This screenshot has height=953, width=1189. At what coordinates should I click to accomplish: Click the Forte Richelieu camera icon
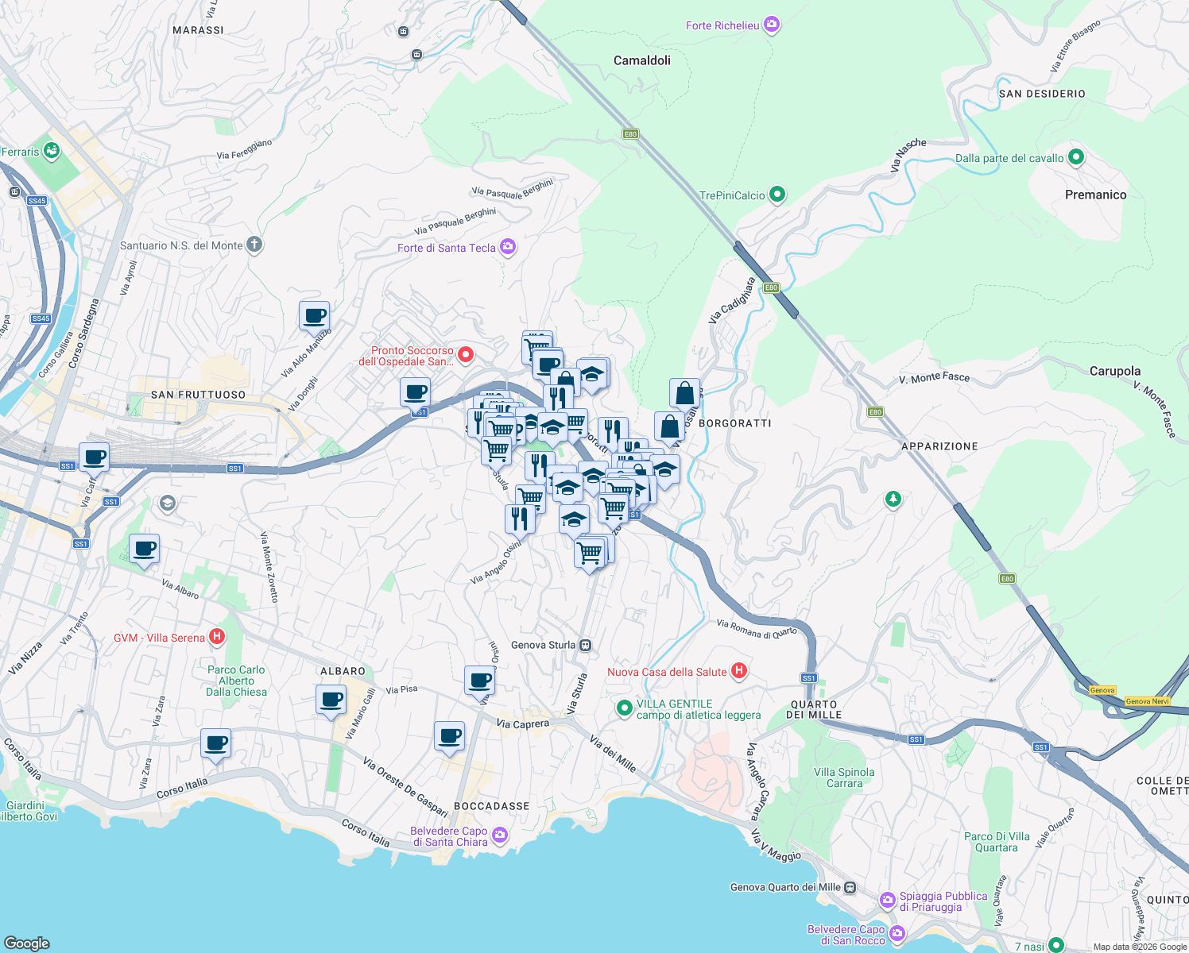(x=772, y=25)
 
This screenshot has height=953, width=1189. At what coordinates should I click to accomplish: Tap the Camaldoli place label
(x=641, y=60)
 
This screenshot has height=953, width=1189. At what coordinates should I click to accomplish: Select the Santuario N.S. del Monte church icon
(x=254, y=245)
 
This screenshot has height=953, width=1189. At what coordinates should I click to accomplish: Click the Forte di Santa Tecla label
(x=446, y=248)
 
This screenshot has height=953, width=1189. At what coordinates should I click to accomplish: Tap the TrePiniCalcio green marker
(x=777, y=195)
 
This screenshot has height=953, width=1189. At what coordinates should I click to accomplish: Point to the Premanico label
(x=1095, y=195)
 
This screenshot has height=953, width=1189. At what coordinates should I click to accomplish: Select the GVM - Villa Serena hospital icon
(x=216, y=637)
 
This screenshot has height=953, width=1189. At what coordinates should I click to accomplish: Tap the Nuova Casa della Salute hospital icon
(x=739, y=671)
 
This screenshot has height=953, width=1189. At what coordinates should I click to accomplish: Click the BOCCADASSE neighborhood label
(x=491, y=806)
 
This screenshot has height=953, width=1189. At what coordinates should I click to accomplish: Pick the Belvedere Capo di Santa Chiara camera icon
(x=500, y=835)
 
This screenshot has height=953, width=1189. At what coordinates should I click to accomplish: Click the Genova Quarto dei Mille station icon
(x=850, y=887)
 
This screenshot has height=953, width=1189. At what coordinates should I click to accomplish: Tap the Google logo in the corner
(x=26, y=943)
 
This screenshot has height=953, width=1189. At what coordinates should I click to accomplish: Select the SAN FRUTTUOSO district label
(x=198, y=395)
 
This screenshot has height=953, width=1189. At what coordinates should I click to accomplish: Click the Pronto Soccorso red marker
(x=466, y=354)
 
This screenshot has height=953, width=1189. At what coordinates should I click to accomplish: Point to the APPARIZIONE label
(x=939, y=446)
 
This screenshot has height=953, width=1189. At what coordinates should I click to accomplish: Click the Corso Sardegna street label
(x=84, y=334)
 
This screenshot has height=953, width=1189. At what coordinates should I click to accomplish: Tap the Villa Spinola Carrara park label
(x=844, y=777)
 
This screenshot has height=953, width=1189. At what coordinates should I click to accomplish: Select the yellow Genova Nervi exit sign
(x=1147, y=701)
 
